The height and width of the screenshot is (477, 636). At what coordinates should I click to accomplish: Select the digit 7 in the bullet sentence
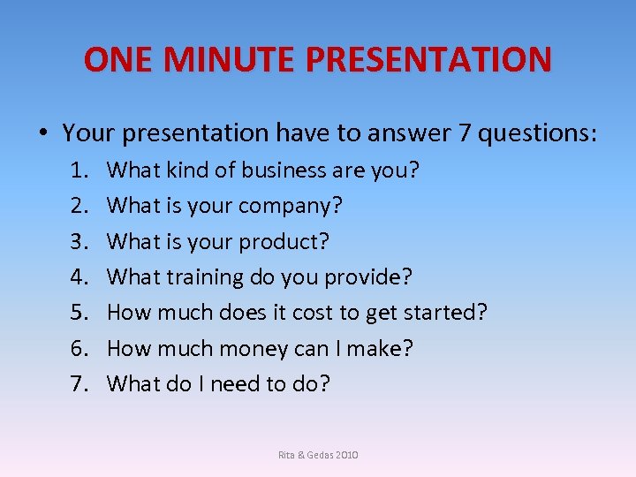465,133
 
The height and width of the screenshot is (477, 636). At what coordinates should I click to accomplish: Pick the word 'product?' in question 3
291,241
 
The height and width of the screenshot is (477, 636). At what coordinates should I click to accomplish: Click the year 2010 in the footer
345,455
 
